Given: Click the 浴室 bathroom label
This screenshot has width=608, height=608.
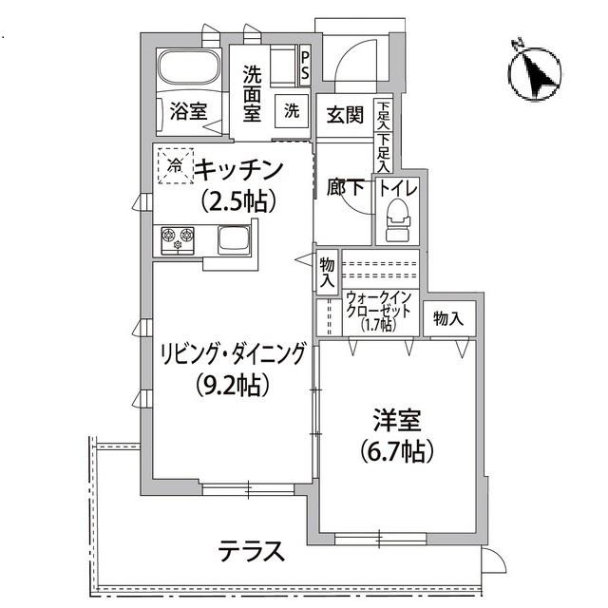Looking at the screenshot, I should click(188, 111).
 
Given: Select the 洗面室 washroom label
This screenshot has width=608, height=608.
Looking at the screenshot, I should click(252, 92).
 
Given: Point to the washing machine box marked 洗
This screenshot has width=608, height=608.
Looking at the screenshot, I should click(291, 110).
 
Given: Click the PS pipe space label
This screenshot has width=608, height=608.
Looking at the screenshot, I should click(305, 66).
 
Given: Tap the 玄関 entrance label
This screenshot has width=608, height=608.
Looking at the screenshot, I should click(345, 115).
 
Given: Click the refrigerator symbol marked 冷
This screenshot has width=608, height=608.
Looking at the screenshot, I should click(175, 165).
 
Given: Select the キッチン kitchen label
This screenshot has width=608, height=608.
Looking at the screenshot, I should click(239, 170).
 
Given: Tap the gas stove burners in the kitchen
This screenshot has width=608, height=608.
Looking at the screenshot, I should click(177, 238).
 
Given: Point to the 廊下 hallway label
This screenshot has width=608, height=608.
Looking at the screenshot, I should click(346, 188).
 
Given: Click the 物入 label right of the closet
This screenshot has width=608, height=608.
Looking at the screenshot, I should click(447, 319).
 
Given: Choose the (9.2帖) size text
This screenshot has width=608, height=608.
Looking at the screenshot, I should click(233, 385).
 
